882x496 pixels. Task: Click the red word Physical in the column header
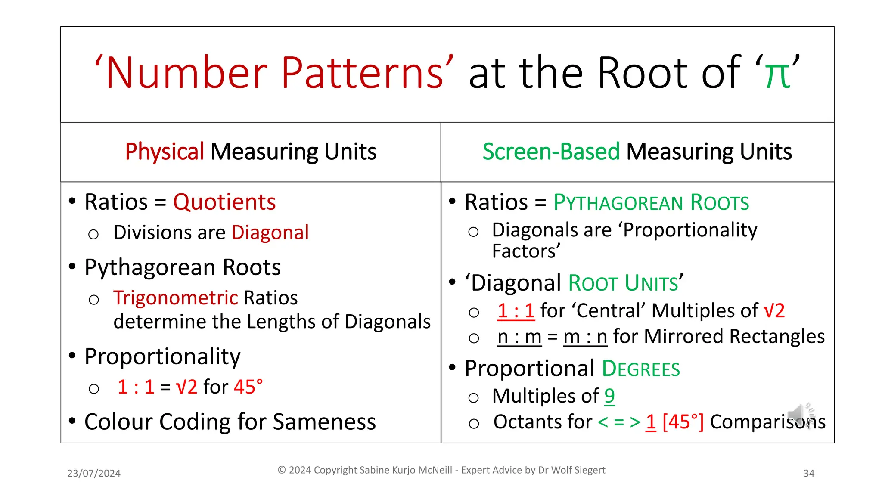pyautogui.click(x=165, y=152)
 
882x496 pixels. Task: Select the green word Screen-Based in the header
pyautogui.click(x=551, y=152)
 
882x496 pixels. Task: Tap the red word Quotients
pyautogui.click(x=224, y=202)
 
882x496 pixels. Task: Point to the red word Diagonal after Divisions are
pyautogui.click(x=270, y=232)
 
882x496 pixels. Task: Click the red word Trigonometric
pyautogui.click(x=176, y=298)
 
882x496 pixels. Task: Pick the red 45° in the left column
pyautogui.click(x=248, y=387)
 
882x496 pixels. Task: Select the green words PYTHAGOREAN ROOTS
pyautogui.click(x=651, y=202)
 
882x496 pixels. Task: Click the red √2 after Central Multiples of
pyautogui.click(x=774, y=311)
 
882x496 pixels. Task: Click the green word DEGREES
pyautogui.click(x=641, y=369)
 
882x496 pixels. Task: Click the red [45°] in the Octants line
pyautogui.click(x=683, y=422)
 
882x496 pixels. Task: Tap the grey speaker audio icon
pyautogui.click(x=800, y=415)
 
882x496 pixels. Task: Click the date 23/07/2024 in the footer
pyautogui.click(x=94, y=473)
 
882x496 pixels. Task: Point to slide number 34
pyautogui.click(x=809, y=473)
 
